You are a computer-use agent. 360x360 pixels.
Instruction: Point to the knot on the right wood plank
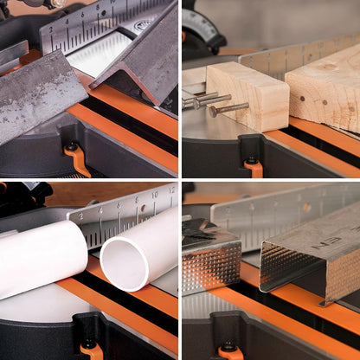[328, 66]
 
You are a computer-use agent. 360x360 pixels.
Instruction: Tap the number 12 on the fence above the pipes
[171, 189]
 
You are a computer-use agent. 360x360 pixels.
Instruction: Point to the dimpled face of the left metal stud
[210, 264]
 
